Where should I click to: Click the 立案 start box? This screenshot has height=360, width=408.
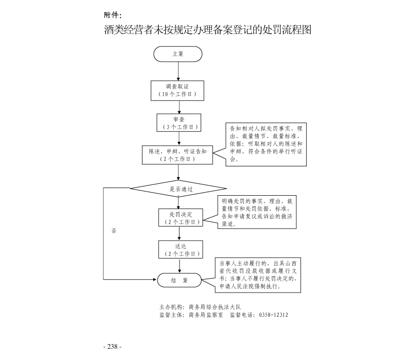tap(178, 54)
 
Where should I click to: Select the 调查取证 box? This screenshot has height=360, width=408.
tap(178, 90)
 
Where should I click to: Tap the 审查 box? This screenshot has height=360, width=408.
tap(178, 123)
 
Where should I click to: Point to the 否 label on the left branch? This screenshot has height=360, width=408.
tap(114, 231)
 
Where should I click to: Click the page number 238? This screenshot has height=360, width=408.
tap(113, 347)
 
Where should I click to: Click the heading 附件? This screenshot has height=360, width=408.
tap(113, 15)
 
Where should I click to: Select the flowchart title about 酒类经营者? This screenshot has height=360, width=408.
tap(208, 30)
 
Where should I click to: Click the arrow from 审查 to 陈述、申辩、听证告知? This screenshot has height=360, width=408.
tap(178, 138)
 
